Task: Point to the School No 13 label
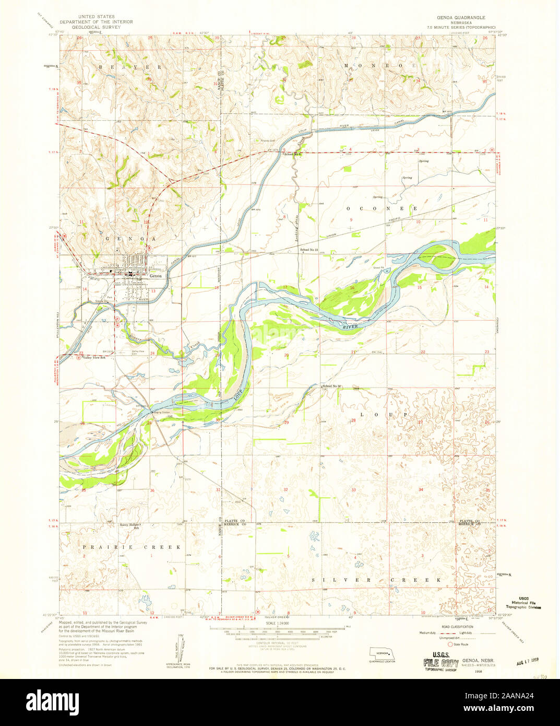pyautogui.click(x=309, y=250)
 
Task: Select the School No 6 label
pyautogui.click(x=293, y=154)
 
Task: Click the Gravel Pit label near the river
pyautogui.click(x=378, y=268)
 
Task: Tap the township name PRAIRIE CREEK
pyautogui.click(x=131, y=547)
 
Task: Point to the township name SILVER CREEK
pyautogui.click(x=376, y=580)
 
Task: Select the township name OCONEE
pyautogui.click(x=382, y=208)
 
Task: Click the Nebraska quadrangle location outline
pyautogui.click(x=380, y=653)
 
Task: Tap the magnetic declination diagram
pyautogui.click(x=180, y=648)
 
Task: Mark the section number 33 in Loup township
pyautogui.click(x=353, y=490)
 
